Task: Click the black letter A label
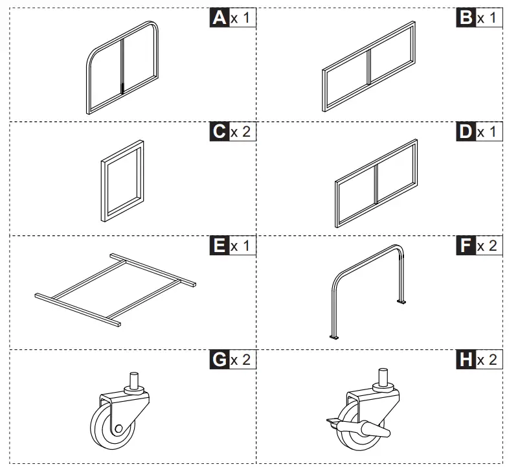(x=220, y=18)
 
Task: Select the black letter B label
(x=466, y=18)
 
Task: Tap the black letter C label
(x=220, y=132)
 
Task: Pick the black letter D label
(x=466, y=132)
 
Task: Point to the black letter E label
(x=220, y=246)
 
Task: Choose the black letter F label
(x=466, y=246)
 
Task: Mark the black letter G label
(x=220, y=360)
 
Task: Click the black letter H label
(x=466, y=360)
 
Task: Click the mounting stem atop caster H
(x=383, y=378)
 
